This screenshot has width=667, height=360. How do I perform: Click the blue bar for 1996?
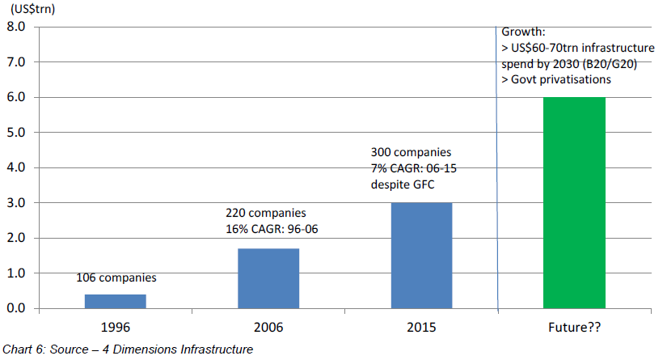tap(115, 301)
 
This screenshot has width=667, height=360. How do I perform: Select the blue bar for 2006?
tap(268, 278)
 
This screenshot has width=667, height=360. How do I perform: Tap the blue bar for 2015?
tap(421, 256)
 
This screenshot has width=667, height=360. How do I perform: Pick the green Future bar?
tap(574, 203)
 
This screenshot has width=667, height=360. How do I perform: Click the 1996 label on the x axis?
tap(116, 329)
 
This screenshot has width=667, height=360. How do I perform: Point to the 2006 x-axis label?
tap(268, 329)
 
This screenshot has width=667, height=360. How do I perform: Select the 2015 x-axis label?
tap(421, 329)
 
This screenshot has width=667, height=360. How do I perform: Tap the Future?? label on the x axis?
tap(574, 329)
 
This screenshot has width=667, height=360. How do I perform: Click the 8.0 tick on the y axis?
tap(17, 27)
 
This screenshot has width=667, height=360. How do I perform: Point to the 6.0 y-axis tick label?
tap(17, 97)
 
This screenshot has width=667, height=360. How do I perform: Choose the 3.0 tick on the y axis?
tap(17, 203)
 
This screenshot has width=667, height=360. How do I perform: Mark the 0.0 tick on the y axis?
tap(17, 309)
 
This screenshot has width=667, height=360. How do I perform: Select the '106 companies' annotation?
tap(116, 277)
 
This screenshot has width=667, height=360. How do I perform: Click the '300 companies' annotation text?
tap(411, 152)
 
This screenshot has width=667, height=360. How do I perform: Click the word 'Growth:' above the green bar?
tap(523, 32)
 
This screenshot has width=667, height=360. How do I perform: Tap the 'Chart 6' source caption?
tap(128, 349)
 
